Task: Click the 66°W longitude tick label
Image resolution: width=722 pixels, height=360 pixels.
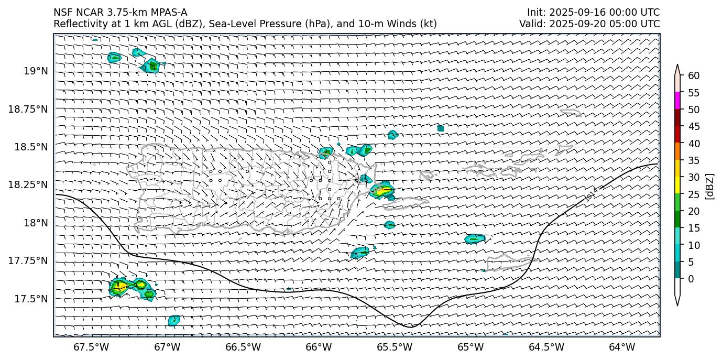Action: point(319,347)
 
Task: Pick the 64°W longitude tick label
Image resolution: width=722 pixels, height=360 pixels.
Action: point(622,347)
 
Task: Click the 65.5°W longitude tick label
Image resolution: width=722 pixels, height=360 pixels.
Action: point(395,347)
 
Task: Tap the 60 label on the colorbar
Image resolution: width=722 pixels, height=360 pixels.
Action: point(694,76)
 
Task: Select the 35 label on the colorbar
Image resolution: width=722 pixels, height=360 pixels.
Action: point(694,160)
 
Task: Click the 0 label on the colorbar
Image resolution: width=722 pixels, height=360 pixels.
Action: point(691,279)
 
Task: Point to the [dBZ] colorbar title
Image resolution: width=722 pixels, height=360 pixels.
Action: point(710,186)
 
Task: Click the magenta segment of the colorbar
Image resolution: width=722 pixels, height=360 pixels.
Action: point(677,101)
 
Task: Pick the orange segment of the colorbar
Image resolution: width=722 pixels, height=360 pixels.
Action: point(677,151)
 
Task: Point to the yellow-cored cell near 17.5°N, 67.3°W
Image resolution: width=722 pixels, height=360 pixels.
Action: point(118,287)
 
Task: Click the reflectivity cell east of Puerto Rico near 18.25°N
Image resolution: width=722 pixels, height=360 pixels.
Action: point(382,190)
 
